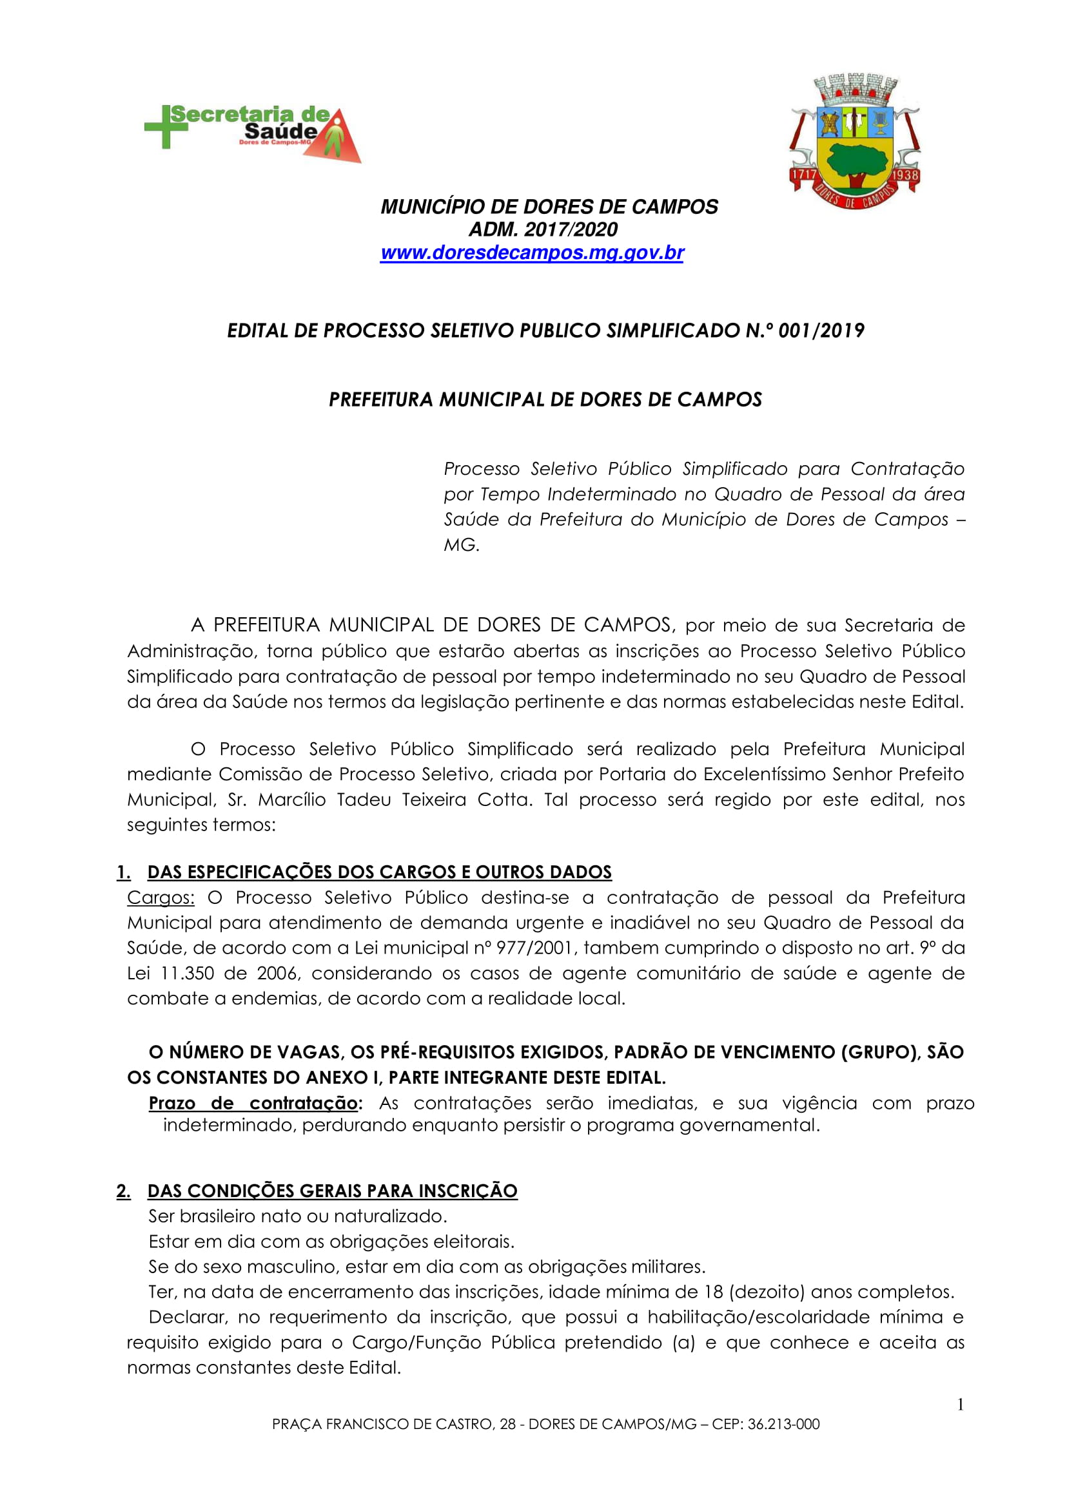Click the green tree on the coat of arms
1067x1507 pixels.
(856, 162)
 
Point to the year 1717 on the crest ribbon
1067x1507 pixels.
(803, 175)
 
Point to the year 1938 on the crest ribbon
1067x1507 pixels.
(905, 175)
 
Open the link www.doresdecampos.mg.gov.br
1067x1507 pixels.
(532, 253)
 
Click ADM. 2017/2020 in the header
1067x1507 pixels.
(543, 230)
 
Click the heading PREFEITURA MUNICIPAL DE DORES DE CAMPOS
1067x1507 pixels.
(545, 399)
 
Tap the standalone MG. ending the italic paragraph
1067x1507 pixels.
(461, 545)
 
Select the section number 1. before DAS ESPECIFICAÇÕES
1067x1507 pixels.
(124, 872)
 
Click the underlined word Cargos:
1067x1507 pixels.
(161, 897)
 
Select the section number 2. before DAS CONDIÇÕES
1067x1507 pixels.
(124, 1191)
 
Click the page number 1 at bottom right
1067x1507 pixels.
(961, 1405)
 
